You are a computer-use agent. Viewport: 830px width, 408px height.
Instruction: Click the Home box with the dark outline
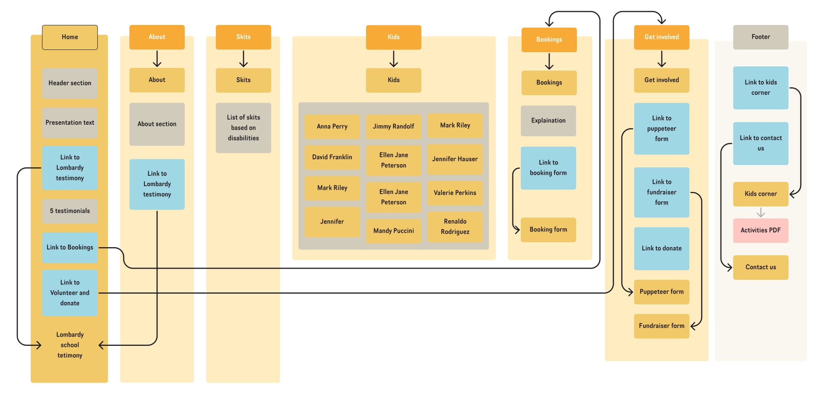pos(70,37)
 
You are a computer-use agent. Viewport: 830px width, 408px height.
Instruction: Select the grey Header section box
pos(70,83)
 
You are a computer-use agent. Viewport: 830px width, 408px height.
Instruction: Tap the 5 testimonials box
pos(70,211)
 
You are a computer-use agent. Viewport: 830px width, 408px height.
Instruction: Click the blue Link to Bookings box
pos(70,248)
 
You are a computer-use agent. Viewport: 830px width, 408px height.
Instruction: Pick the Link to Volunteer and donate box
pos(70,293)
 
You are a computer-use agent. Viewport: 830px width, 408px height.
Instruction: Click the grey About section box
pos(157,124)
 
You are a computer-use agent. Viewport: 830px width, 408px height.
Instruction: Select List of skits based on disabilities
pos(243,128)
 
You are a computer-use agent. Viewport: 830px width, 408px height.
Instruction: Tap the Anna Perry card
pos(332,126)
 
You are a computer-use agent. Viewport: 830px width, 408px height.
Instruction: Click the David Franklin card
pos(332,157)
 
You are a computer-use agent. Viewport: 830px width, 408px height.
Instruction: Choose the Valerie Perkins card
pos(455,193)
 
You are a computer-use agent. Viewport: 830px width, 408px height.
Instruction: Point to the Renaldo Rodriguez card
pos(455,226)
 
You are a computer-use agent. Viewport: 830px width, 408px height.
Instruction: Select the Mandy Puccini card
pos(393,231)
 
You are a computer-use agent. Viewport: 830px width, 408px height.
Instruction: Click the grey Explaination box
pos(548,121)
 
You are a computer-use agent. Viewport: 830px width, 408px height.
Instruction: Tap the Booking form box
pos(548,230)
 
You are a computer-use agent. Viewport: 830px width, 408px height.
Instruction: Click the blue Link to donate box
pos(661,248)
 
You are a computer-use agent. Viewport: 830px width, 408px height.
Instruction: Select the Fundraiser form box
pos(661,326)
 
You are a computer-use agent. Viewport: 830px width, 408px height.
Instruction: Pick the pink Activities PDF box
pos(760,230)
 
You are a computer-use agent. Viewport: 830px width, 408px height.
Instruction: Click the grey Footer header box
pos(760,37)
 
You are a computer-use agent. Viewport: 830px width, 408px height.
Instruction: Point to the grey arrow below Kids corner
pos(760,212)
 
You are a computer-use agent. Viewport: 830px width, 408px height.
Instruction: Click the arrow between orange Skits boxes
pos(243,59)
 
